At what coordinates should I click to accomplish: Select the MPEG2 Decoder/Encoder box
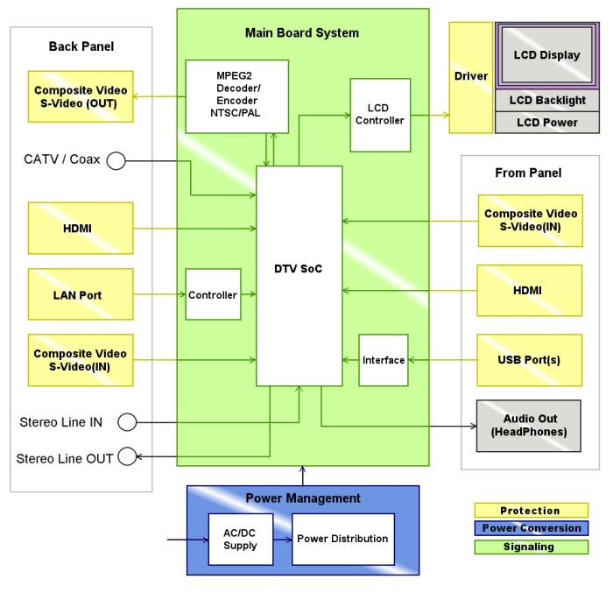tap(237, 96)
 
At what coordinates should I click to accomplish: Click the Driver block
tap(471, 77)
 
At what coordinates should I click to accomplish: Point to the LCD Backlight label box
tap(547, 101)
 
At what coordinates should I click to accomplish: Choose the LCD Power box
tap(547, 123)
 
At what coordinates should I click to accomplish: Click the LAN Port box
tap(81, 295)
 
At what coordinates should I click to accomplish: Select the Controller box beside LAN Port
tap(213, 295)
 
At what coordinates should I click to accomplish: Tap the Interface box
tap(384, 360)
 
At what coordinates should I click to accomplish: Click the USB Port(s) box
tap(529, 360)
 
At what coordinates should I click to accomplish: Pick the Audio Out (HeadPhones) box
tap(529, 426)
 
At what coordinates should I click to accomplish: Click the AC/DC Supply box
tap(240, 540)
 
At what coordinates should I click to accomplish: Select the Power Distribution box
tap(342, 540)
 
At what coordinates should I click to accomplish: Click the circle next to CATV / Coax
tap(116, 160)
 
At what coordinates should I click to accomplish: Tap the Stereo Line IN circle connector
tap(126, 422)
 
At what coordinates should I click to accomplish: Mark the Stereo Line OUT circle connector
tap(127, 456)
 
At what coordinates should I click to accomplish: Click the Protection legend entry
tap(531, 511)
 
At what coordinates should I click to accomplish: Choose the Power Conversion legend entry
tap(531, 529)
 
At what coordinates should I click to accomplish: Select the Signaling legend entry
tap(531, 547)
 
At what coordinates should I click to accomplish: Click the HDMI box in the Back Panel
tap(81, 229)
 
